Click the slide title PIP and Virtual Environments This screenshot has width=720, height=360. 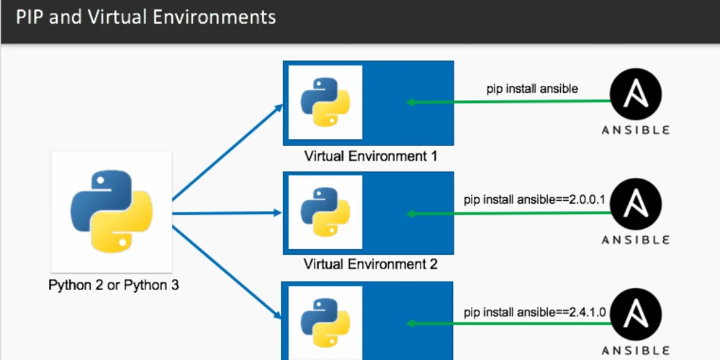point(146,17)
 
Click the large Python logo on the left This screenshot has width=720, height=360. point(112,211)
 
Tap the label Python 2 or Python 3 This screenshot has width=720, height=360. point(114,285)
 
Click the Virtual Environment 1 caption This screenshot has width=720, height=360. point(370,156)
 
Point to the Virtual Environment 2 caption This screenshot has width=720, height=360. point(370,264)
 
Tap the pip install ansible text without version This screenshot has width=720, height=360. point(532,89)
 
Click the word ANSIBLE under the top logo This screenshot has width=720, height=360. point(636,130)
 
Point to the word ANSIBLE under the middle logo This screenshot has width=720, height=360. point(636,240)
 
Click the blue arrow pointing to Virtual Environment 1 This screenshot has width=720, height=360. point(228,152)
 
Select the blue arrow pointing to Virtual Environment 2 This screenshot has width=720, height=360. point(228,213)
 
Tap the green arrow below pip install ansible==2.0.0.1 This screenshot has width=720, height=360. point(508,214)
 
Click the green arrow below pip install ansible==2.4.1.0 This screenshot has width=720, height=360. point(508,325)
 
